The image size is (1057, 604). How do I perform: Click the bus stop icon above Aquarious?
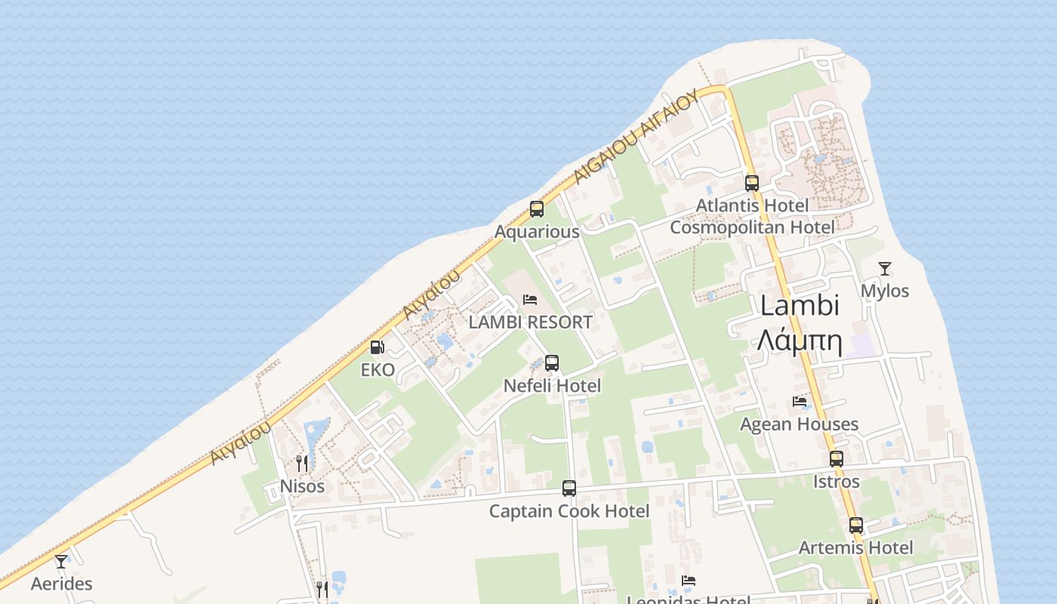click(537, 209)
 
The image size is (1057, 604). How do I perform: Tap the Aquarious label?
click(537, 232)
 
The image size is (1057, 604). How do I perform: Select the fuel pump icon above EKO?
click(377, 347)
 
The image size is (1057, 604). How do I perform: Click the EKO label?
click(377, 370)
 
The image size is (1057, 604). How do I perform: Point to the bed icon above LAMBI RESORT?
click(530, 300)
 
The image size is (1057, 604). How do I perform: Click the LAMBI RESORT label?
click(530, 322)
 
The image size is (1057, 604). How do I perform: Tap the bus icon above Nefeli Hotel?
click(552, 363)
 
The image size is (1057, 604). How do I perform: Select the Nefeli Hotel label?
click(552, 386)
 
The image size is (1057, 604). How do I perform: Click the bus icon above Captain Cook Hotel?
click(569, 488)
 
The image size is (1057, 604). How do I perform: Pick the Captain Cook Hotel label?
click(569, 511)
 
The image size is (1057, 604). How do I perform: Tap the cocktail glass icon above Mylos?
click(885, 268)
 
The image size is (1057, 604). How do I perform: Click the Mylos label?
click(885, 291)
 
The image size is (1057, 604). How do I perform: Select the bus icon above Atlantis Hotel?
click(752, 183)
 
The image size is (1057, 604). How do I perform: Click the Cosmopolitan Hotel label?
click(752, 227)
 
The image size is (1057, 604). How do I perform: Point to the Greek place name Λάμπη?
click(800, 341)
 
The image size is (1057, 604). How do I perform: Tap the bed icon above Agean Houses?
click(800, 402)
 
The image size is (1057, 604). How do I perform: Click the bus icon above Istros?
click(837, 458)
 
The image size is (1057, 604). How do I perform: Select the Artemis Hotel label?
click(855, 547)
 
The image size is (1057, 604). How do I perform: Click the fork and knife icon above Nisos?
click(302, 463)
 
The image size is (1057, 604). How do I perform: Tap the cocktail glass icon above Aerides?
click(61, 561)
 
